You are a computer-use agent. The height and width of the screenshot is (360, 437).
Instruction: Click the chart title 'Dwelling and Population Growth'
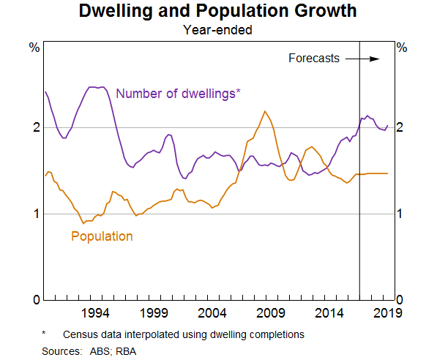click(x=218, y=12)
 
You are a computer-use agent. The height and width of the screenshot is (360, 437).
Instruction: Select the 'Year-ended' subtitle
click(x=218, y=30)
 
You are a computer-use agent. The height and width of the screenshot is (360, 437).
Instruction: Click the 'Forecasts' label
click(x=313, y=59)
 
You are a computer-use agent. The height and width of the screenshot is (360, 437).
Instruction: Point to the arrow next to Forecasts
click(x=363, y=59)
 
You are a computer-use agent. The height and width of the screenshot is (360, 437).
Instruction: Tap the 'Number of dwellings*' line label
click(x=179, y=93)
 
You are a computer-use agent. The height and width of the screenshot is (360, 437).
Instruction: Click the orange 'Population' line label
click(x=102, y=236)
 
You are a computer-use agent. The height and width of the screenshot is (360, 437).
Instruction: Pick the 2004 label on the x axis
click(x=212, y=313)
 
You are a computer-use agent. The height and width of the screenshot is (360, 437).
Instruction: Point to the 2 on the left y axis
click(x=34, y=127)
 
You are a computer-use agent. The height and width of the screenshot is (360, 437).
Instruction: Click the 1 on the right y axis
click(x=400, y=214)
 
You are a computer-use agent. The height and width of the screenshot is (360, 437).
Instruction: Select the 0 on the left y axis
click(x=34, y=300)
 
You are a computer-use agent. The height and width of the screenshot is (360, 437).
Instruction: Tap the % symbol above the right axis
click(x=401, y=48)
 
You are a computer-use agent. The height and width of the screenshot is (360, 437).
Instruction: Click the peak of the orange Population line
click(x=264, y=111)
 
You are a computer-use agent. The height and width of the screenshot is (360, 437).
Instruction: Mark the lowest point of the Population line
click(x=83, y=222)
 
